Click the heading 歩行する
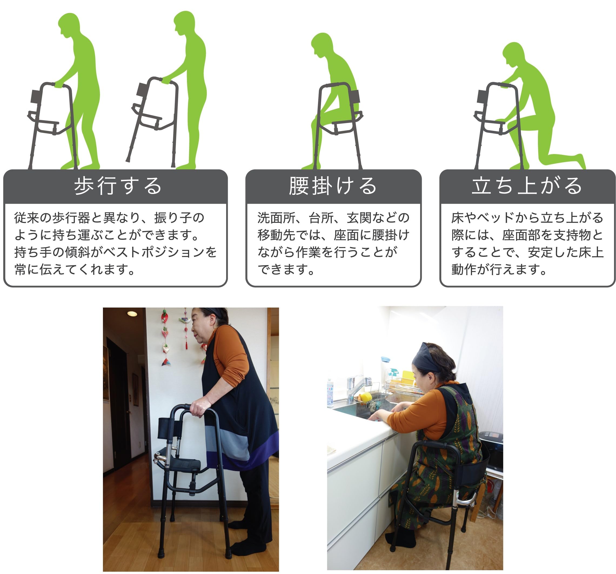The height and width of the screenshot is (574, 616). [118, 186]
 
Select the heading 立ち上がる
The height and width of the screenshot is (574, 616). [527, 186]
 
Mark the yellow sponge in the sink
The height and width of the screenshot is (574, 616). [366, 397]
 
